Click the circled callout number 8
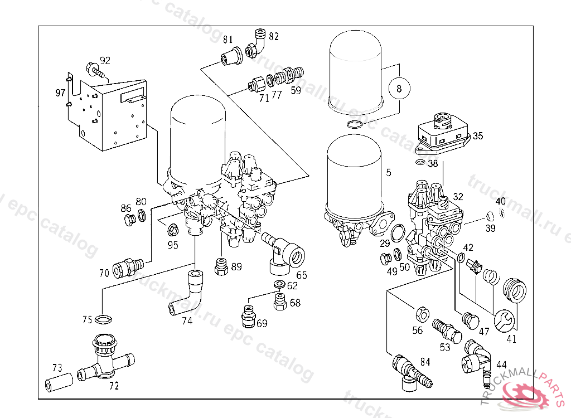point(399,88)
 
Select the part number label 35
point(478,135)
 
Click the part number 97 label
point(60,93)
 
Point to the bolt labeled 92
point(95,71)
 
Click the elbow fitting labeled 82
point(255,44)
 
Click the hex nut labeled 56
point(422,314)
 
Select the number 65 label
point(301,275)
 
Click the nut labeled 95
point(172,228)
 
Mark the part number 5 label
point(389,173)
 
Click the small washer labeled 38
point(419,163)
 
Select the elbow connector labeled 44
point(474,358)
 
